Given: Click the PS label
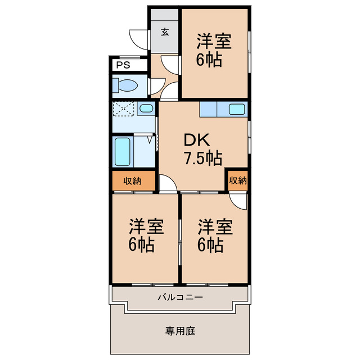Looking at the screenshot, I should pos(123,65).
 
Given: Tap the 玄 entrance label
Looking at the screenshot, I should pos(165,31).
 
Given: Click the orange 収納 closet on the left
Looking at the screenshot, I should pos(132,181).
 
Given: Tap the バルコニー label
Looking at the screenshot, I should pos(180,296).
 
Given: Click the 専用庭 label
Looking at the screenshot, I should pos(180,331).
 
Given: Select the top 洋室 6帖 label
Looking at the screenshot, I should pos(214,51).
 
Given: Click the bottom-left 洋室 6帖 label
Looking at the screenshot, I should pos(146,236).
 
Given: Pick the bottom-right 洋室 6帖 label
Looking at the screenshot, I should pos(214,236).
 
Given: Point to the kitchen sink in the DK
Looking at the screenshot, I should pos(236,109).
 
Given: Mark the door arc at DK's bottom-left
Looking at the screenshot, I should pos(167,183).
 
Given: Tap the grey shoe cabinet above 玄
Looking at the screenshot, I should pos(165,15).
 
